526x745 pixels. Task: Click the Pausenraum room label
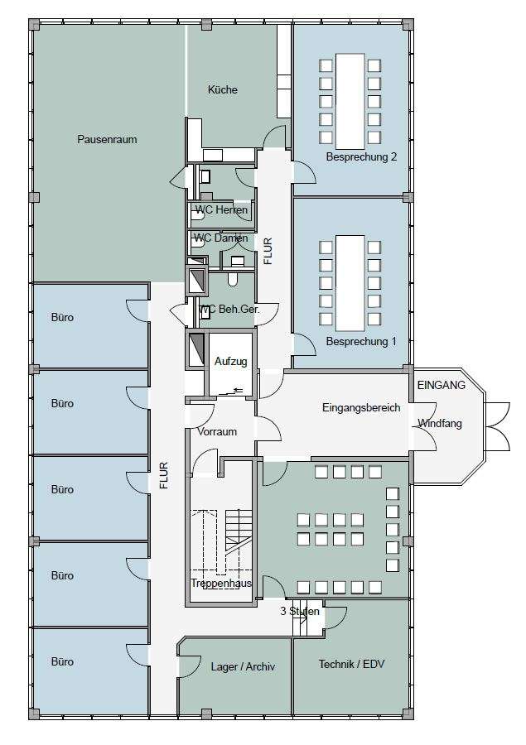pos(107,139)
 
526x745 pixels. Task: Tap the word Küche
pos(223,89)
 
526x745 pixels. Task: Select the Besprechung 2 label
pos(361,156)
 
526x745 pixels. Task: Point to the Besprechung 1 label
pos(361,341)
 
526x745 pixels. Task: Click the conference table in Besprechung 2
pos(350,101)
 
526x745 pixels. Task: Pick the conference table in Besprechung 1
pos(350,283)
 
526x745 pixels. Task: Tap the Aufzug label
pos(230,362)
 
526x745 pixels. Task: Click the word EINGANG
pos(442,385)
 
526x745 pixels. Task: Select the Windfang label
pos(440,423)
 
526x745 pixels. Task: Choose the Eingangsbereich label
pos(361,407)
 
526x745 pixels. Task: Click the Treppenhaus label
pos(221,583)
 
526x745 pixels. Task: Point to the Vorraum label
pos(217,431)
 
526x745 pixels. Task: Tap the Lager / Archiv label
pos(243,666)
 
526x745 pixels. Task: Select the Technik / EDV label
pos(351,664)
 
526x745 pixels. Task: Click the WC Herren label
pos(222,209)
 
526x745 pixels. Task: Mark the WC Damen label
pos(220,238)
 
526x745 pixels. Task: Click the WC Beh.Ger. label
pos(229,310)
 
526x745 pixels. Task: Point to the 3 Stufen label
pos(300,611)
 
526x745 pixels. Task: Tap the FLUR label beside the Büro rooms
pos(164,476)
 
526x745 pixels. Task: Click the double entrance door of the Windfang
pos(498,426)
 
